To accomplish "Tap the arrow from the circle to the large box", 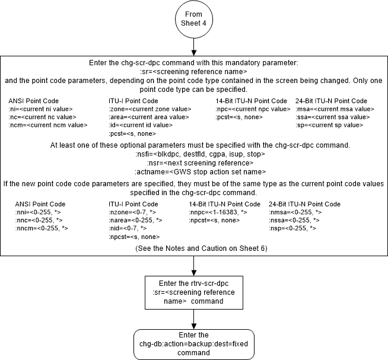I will pyautogui.click(x=194, y=47).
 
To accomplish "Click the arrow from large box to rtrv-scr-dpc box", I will pyautogui.click(x=194, y=266).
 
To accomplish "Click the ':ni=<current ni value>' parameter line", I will pyautogui.click(x=36, y=109).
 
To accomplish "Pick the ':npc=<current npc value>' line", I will pyautogui.click(x=253, y=109).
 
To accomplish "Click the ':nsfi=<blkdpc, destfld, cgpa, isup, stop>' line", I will pyautogui.click(x=194, y=154).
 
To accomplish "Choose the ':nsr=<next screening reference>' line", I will pyautogui.click(x=194, y=162).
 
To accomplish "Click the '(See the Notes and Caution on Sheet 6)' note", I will pyautogui.click(x=194, y=247).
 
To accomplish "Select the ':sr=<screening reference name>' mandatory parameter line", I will pyautogui.click(x=194, y=71).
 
